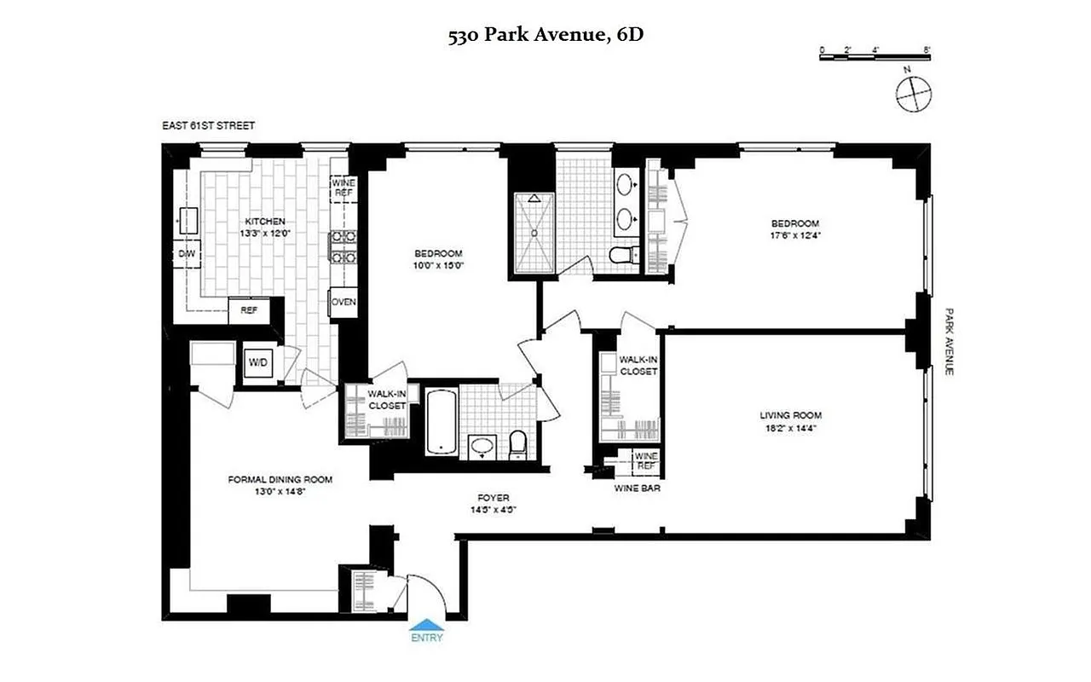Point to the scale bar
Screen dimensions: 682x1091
click(875, 56)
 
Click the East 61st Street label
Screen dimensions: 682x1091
click(208, 126)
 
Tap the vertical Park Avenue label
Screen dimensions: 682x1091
click(948, 341)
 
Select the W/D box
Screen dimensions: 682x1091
click(257, 364)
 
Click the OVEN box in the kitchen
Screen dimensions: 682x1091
click(343, 303)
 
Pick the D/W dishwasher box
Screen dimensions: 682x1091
click(186, 254)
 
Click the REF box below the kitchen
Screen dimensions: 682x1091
click(249, 310)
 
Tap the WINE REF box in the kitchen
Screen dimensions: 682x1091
click(343, 188)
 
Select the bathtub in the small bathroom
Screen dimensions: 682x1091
click(441, 423)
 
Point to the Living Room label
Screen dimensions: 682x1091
click(790, 416)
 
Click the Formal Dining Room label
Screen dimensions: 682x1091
click(280, 479)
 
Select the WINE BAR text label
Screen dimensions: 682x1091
click(638, 488)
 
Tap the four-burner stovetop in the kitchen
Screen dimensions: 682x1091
click(343, 246)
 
